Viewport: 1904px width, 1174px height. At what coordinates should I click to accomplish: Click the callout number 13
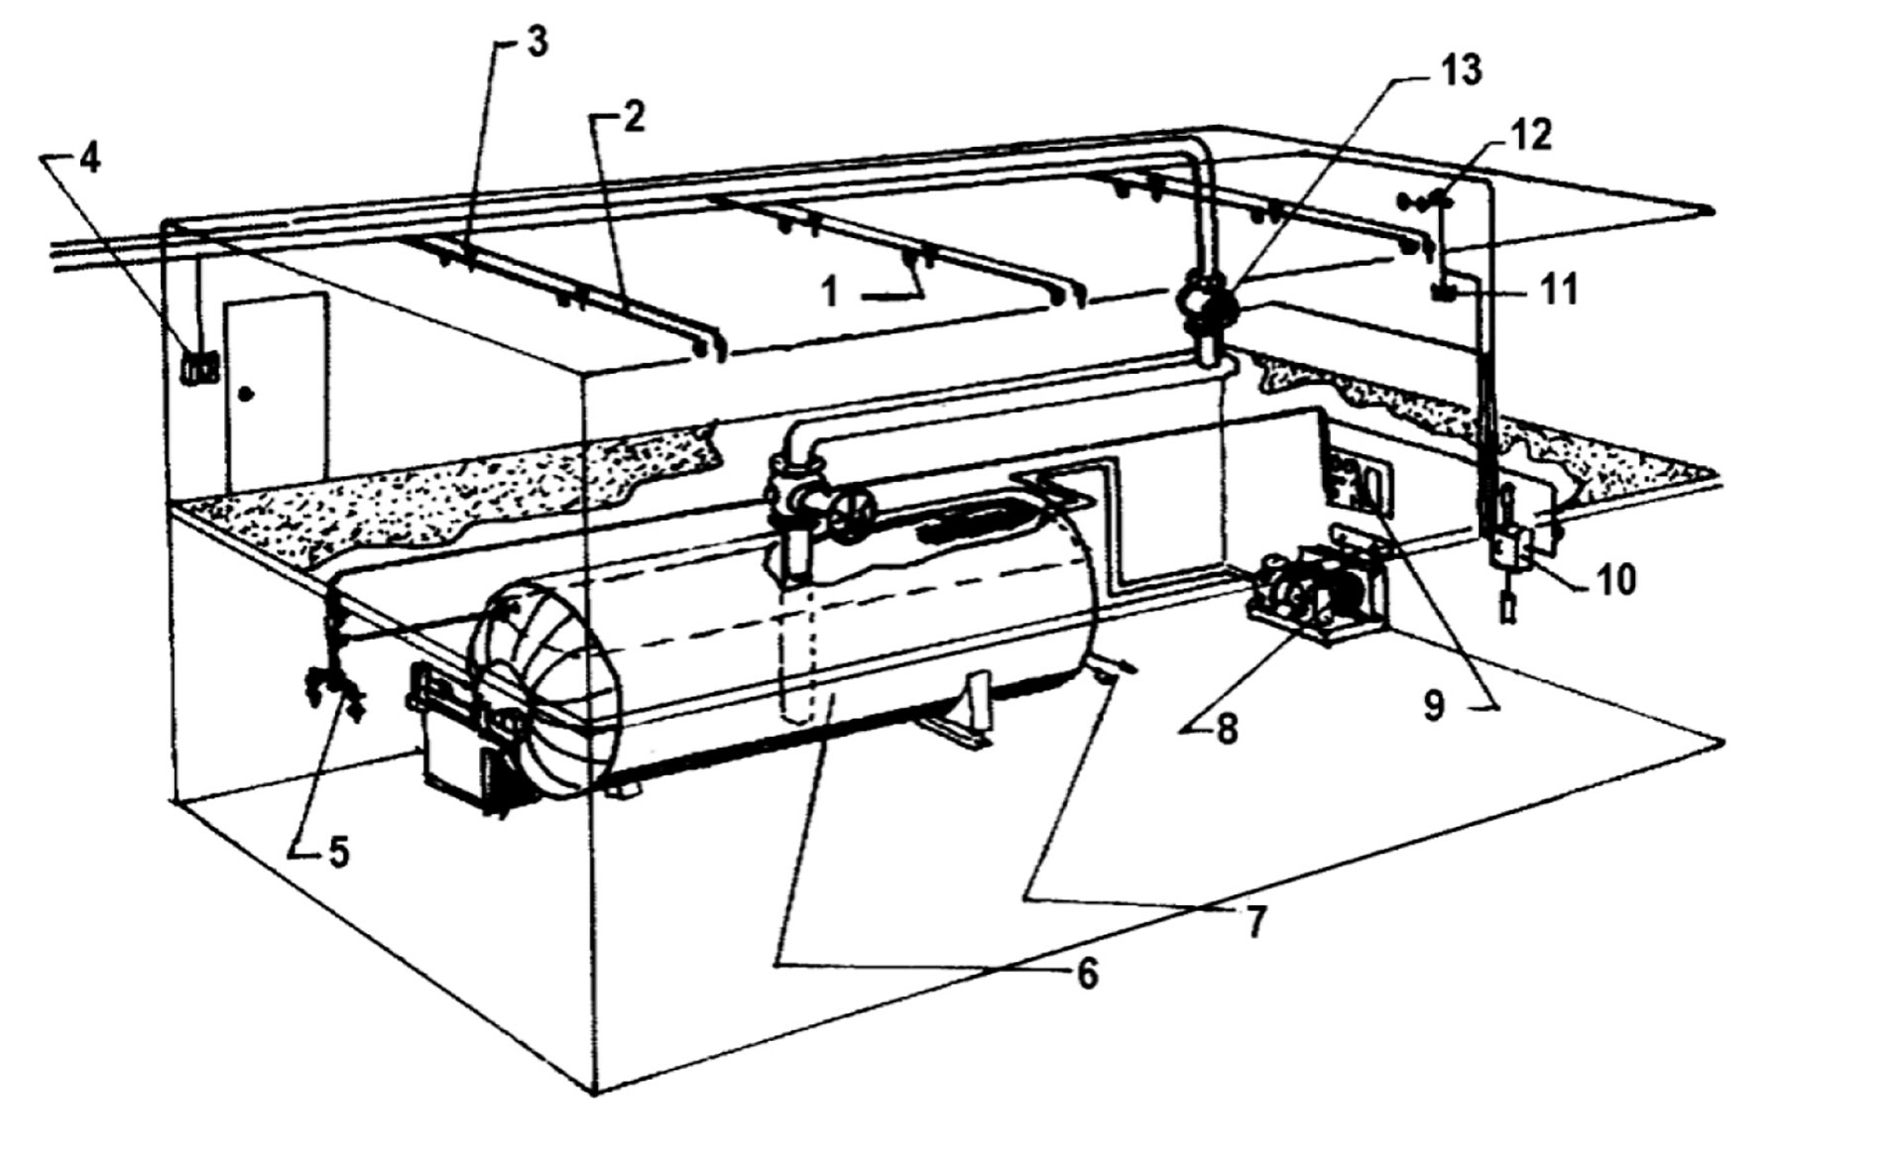(x=1463, y=70)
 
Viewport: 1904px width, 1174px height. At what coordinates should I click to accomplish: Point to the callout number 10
(x=1614, y=580)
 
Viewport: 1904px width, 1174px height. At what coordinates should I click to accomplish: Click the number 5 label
(x=339, y=853)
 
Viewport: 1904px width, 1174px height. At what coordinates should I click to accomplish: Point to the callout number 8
(x=1227, y=731)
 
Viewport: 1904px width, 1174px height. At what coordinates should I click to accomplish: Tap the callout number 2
(x=634, y=118)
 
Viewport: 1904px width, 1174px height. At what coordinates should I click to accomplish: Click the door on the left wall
(x=276, y=393)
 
